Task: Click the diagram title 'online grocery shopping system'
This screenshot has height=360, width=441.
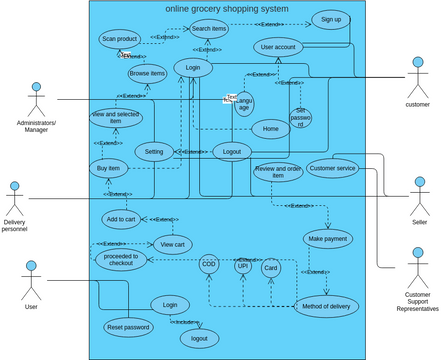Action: point(226,9)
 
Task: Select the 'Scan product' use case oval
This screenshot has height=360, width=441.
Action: point(119,39)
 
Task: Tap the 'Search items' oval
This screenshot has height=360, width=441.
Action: point(209,29)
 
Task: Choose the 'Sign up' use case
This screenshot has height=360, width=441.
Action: point(330,19)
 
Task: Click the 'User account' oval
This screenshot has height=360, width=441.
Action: point(277,47)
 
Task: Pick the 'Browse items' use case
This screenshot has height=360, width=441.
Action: point(147,73)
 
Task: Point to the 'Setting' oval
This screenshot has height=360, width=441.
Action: point(154,152)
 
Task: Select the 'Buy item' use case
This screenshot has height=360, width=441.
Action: point(115,169)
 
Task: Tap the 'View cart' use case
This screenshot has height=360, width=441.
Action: point(173,243)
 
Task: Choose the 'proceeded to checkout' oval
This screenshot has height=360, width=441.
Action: point(121,260)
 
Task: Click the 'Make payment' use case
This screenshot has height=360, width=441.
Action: point(328,239)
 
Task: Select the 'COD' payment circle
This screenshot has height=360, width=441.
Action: point(208,265)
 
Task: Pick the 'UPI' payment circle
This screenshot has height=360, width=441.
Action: point(243,266)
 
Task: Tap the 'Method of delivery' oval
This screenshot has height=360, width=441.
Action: point(326,306)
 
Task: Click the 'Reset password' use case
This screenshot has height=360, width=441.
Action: point(128,327)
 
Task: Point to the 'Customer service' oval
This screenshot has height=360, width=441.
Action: point(332,168)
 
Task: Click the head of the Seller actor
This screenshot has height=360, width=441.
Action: point(418,184)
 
